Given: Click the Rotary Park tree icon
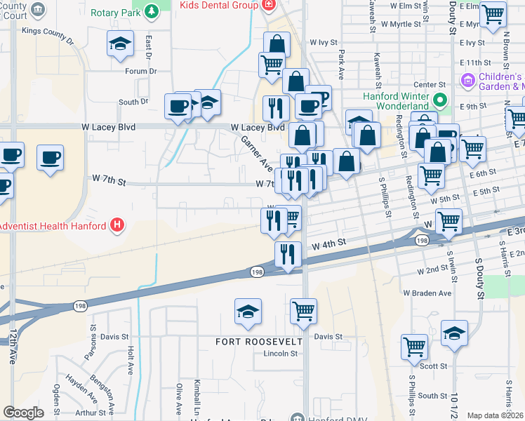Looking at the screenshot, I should tap(151, 12).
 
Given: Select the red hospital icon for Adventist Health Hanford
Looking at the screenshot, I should tap(118, 225).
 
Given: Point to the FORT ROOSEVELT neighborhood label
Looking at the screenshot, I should tap(259, 341).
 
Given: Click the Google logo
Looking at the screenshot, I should tap(23, 413).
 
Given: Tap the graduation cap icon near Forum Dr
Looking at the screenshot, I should tap(120, 44).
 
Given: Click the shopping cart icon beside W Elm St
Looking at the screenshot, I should tap(493, 13).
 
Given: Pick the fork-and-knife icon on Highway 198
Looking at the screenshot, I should tap(287, 253).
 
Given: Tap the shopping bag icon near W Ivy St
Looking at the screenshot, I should tap(277, 44).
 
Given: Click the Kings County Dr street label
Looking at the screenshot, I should tap(48, 32).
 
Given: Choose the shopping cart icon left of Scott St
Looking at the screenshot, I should tap(414, 346).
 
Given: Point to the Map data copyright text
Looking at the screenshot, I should tap(496, 415).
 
